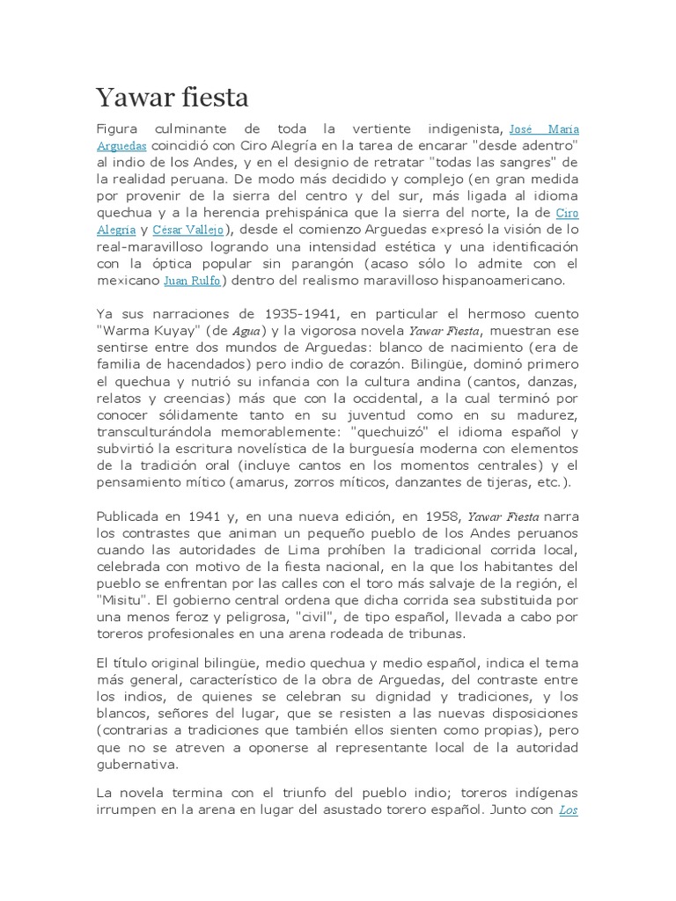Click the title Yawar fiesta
173,96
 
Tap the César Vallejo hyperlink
188,230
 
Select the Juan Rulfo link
192,281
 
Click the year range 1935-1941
292,313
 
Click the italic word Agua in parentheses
246,331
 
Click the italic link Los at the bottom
568,809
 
